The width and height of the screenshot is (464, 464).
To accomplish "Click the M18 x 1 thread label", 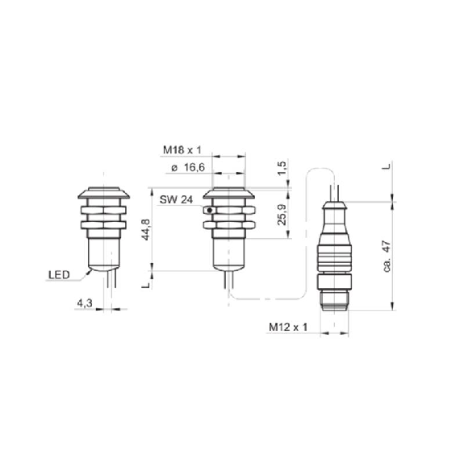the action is pyautogui.click(x=182, y=150).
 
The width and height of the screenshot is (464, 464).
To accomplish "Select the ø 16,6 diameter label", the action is pyautogui.click(x=188, y=168).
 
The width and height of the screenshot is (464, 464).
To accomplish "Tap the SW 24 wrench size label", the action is pyautogui.click(x=176, y=200).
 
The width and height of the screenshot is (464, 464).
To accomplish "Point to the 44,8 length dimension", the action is pyautogui.click(x=146, y=230).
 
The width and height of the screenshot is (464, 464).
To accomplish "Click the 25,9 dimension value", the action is pyautogui.click(x=282, y=215).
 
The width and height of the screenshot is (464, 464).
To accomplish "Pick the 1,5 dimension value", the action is pyautogui.click(x=282, y=168).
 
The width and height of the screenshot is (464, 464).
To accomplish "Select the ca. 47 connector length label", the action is pyautogui.click(x=387, y=257).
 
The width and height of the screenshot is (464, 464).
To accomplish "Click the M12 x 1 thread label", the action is pyautogui.click(x=288, y=327).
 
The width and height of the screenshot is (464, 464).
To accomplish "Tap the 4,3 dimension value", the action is pyautogui.click(x=85, y=303).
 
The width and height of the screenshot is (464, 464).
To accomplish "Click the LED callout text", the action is pyautogui.click(x=59, y=275).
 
